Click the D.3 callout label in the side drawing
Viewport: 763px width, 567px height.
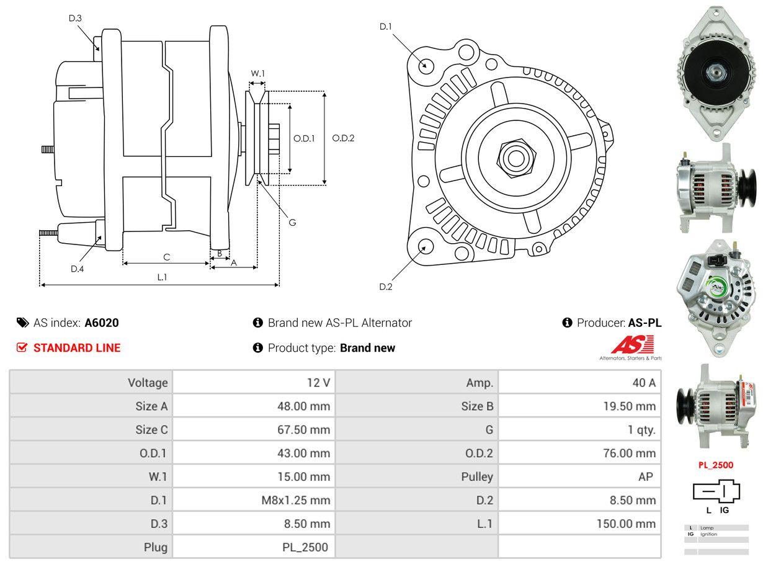coord(75,19)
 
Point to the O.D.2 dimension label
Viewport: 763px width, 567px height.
coord(343,138)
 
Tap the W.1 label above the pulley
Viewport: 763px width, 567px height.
coord(258,74)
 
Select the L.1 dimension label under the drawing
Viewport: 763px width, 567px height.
coord(161,277)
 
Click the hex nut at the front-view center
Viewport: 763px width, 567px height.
coord(514,157)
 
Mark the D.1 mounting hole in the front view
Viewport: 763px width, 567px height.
coord(426,65)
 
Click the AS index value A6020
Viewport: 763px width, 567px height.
coord(102,323)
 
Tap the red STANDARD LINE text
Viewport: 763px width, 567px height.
coord(77,348)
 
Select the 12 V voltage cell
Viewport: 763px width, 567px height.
coord(318,383)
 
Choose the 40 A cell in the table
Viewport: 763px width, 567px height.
coord(643,383)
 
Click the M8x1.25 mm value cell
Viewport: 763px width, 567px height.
coord(295,500)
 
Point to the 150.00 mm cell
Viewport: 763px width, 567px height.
coord(625,524)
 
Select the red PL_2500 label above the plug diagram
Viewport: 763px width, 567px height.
coord(715,465)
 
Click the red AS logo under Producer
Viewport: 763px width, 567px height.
coord(632,345)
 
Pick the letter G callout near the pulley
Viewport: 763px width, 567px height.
coord(292,222)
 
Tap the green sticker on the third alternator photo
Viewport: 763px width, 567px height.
coord(717,286)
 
